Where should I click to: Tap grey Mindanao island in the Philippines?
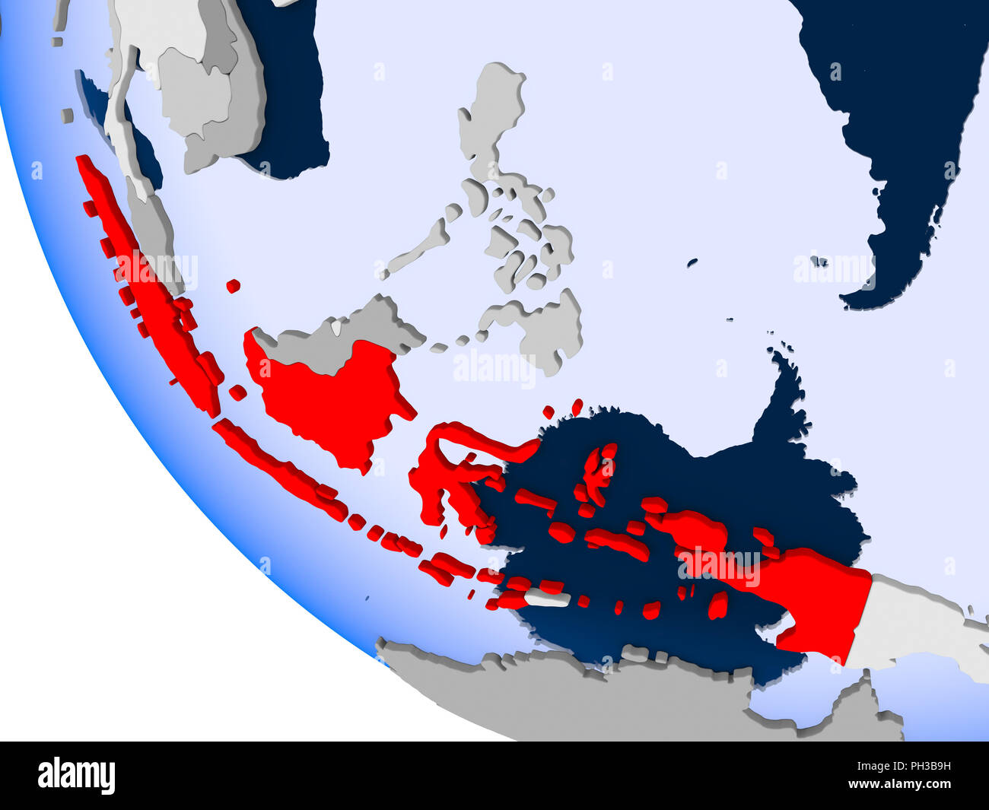(x=540, y=327)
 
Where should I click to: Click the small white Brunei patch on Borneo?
(x=336, y=328)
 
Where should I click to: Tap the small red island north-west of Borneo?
(x=233, y=286)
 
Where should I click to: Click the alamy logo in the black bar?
(x=76, y=776)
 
